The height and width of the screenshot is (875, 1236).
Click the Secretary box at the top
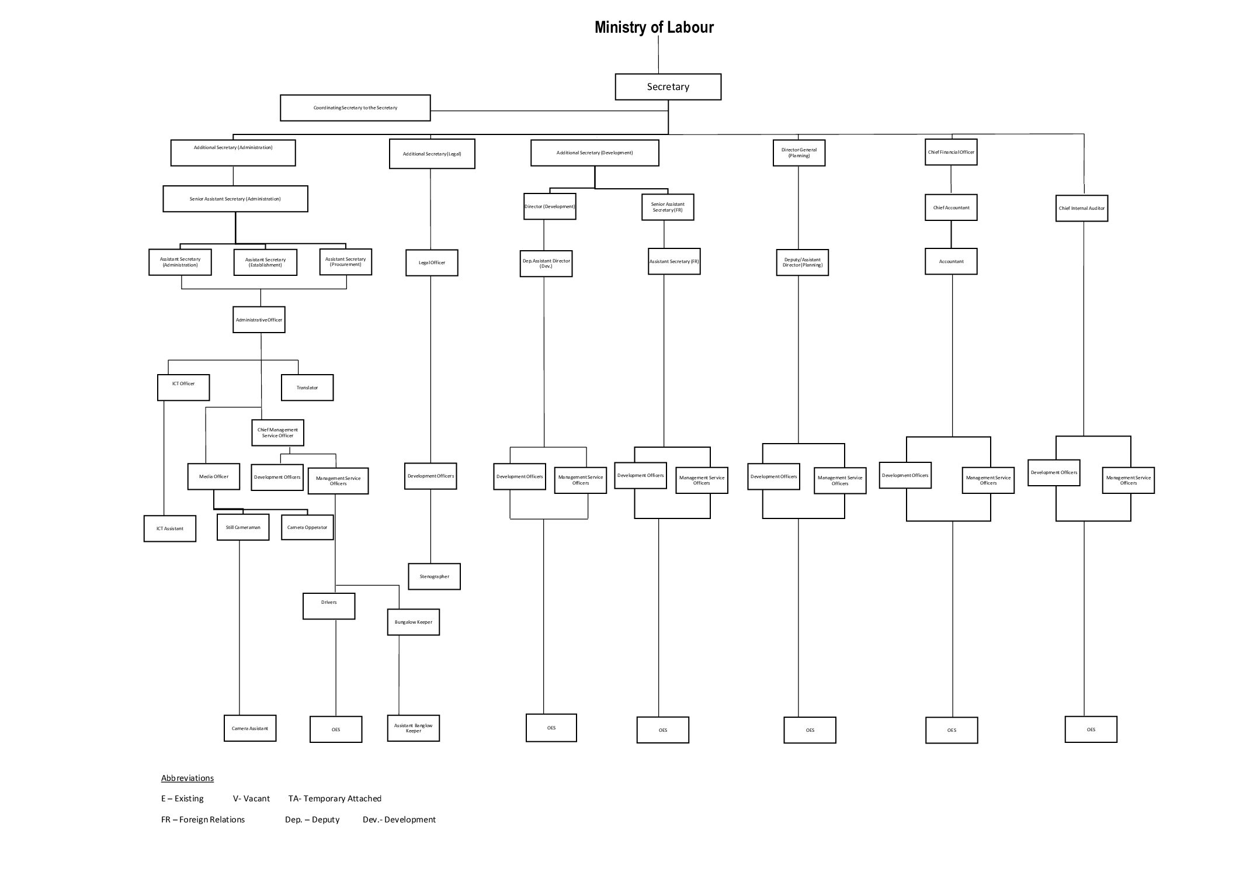668,87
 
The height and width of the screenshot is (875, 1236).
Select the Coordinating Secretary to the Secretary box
355,108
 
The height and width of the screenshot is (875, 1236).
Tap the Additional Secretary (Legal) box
432,154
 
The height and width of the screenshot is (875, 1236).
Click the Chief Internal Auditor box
1081,209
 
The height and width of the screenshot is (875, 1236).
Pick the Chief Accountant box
951,207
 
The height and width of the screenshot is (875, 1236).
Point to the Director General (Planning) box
798,153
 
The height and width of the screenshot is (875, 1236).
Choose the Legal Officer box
432,263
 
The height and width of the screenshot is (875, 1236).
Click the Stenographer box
434,577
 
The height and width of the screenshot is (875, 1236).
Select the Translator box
307,388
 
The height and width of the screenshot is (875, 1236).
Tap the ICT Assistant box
169,529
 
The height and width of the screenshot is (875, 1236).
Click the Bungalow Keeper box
413,622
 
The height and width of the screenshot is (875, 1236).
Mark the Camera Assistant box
249,729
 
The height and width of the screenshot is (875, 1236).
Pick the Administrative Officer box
259,320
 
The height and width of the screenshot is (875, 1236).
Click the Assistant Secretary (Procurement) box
345,262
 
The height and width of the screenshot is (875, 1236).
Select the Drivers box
329,606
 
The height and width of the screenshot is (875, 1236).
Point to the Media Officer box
213,477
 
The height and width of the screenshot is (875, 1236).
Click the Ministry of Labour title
654,27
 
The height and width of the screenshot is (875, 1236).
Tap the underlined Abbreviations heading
187,778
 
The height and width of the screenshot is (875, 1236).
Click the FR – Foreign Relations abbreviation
203,819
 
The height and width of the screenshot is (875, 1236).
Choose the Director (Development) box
549,207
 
